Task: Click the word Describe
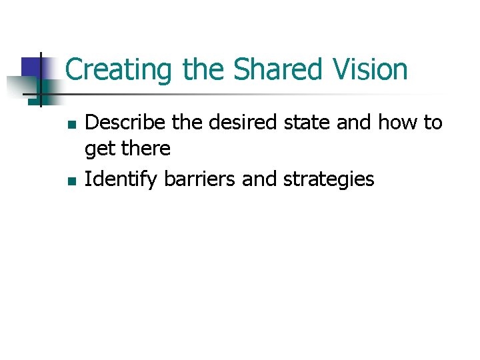coord(122,122)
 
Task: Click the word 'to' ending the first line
coord(432,122)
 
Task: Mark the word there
coord(145,148)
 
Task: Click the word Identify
coord(119,179)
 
